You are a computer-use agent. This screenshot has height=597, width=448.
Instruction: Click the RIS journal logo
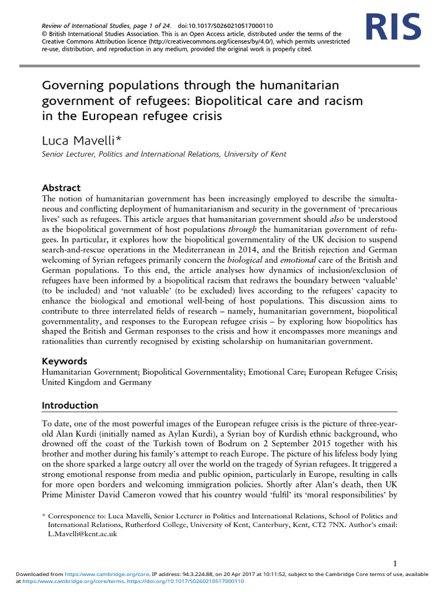393,27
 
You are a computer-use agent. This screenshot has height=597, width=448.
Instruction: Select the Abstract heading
61,188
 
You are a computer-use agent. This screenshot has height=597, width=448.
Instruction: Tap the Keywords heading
65,361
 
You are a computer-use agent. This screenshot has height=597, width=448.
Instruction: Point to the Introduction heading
70,405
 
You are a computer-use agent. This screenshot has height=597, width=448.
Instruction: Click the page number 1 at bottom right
395,563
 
